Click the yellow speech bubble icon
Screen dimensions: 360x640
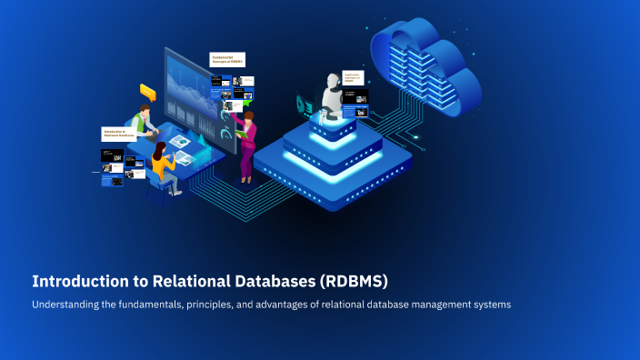coord(147,91)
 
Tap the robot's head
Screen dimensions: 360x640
coord(331,85)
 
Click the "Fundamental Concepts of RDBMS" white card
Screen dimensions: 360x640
coord(226,60)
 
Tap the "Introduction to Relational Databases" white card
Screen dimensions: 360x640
coord(118,134)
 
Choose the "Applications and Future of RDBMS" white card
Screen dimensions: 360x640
coord(355,78)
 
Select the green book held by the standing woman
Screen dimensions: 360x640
coord(240,134)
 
